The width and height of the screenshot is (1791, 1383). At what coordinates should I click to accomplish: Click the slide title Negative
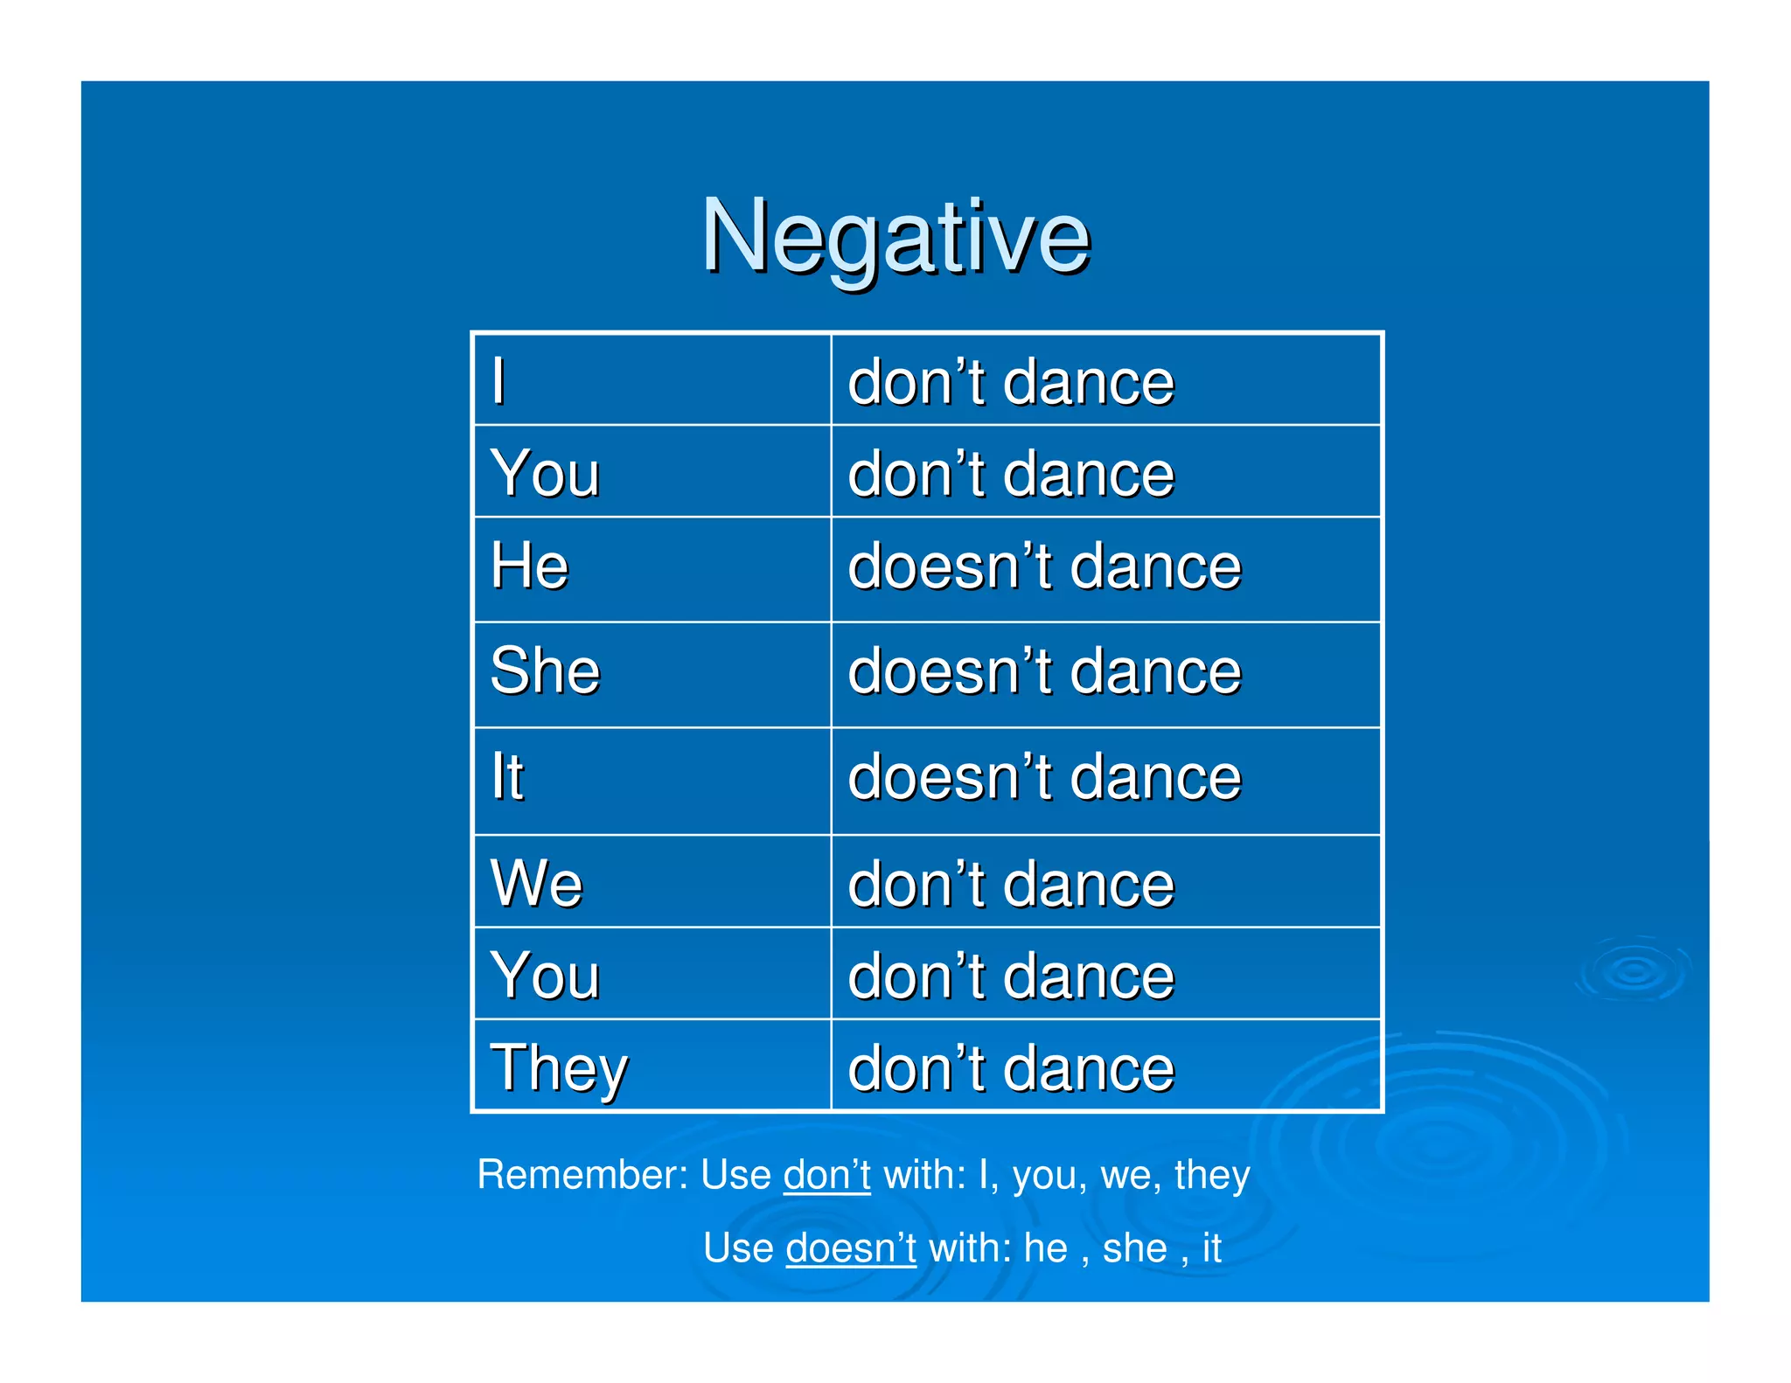pyautogui.click(x=895, y=236)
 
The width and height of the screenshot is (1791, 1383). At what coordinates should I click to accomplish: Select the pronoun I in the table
pyautogui.click(x=498, y=381)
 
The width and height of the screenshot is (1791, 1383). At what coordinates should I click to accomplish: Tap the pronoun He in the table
pyautogui.click(x=529, y=566)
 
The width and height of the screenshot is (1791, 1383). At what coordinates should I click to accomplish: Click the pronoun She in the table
pyautogui.click(x=545, y=671)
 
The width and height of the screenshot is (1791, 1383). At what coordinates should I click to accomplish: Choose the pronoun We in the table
pyautogui.click(x=536, y=883)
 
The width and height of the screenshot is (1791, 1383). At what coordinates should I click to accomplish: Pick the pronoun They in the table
pyautogui.click(x=559, y=1068)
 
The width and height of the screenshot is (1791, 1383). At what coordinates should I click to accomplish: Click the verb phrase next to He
pyautogui.click(x=1044, y=566)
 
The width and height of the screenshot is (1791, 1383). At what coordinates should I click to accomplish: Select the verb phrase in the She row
pyautogui.click(x=1044, y=671)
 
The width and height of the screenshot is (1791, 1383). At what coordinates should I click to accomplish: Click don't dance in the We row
pyautogui.click(x=1011, y=883)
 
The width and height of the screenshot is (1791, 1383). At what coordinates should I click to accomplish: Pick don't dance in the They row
pyautogui.click(x=1011, y=1068)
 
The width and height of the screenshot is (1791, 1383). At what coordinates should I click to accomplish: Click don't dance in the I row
pyautogui.click(x=1011, y=382)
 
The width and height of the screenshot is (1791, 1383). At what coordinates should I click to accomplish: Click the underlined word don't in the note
pyautogui.click(x=826, y=1175)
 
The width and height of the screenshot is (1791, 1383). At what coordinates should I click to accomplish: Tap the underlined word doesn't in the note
pyautogui.click(x=850, y=1247)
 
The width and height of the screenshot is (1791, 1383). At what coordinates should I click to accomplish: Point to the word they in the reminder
pyautogui.click(x=1212, y=1175)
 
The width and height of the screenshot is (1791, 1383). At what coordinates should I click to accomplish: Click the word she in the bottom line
pyautogui.click(x=1134, y=1247)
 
